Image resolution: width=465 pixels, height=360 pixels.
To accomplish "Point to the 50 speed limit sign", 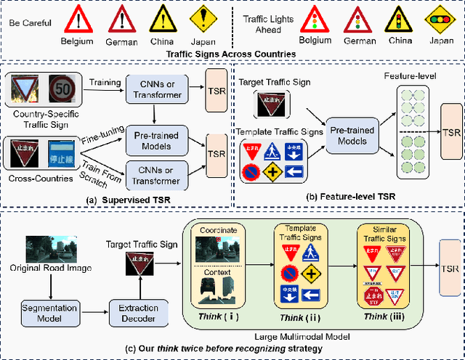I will coord(62,89).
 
